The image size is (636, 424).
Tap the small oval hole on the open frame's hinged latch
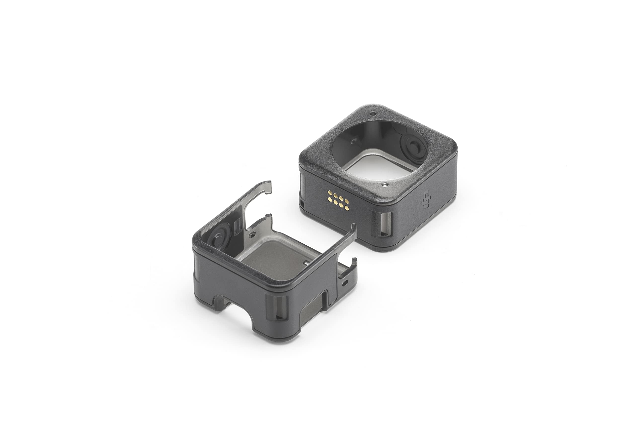coord(345,284)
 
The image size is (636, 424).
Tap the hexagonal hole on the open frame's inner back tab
coord(253,234)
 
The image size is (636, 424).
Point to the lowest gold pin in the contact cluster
coord(342,208)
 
